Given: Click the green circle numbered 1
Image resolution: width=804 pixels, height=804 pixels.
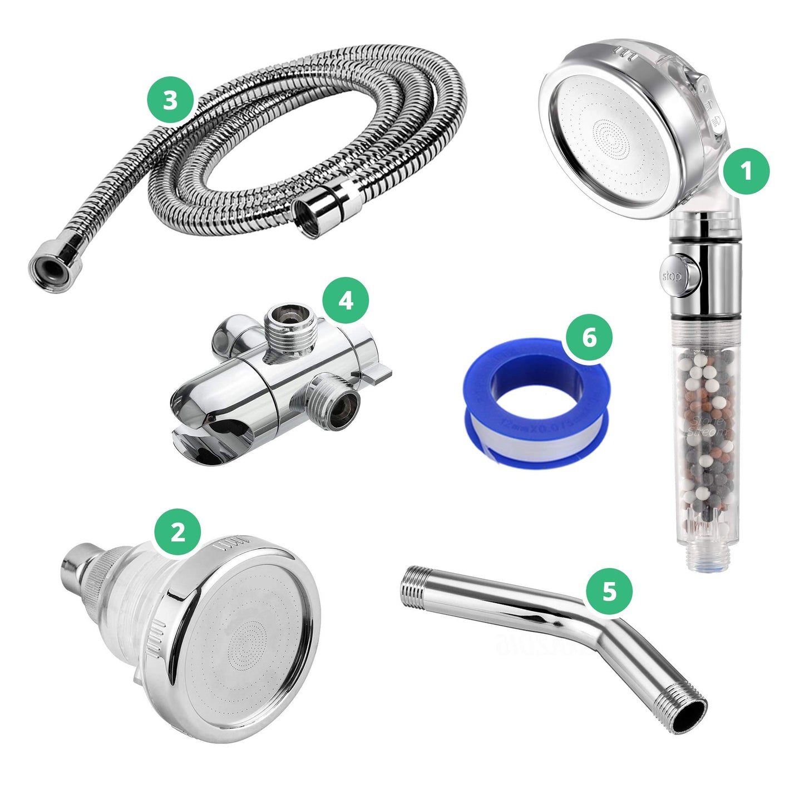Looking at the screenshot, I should [x=746, y=171].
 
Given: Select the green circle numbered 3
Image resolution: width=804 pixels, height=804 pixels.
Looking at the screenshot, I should [x=170, y=101].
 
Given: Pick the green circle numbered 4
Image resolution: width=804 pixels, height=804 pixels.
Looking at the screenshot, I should [x=346, y=300].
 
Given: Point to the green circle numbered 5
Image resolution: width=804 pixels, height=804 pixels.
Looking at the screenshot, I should [x=609, y=591].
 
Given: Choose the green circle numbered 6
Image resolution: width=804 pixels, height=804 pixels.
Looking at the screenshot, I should [x=589, y=338].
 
